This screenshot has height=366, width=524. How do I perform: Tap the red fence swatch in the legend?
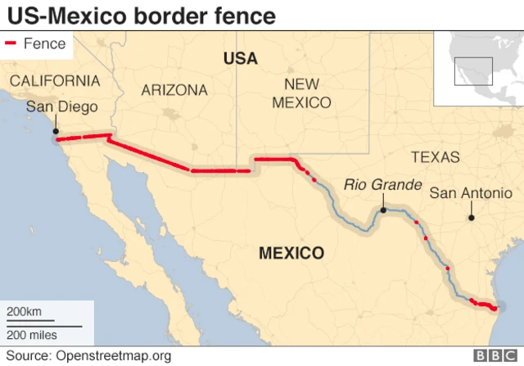coord(12,44)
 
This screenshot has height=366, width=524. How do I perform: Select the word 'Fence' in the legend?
coord(44,44)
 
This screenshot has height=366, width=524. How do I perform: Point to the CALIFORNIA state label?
coord(55,81)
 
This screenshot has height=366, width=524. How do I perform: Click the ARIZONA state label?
coord(174,90)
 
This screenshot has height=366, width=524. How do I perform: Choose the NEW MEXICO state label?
coord(301,93)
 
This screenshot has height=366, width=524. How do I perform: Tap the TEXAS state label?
coord(435,157)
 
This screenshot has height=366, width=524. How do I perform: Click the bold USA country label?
coord(240,58)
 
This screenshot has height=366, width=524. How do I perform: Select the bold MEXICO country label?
coord(291,253)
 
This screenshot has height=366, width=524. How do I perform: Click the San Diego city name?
coord(61,107)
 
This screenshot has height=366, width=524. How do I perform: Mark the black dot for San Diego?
coord(56,131)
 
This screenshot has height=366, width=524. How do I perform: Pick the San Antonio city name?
coord(471,193)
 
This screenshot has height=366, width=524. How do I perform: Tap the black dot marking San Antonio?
coord(471,218)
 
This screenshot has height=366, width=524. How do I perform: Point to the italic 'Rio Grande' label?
coord(382,184)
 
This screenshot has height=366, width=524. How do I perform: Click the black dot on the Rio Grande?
coord(382,210)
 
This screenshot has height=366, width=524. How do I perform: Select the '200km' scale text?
coord(25,313)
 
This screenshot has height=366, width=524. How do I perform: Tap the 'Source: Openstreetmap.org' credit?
coord(89,356)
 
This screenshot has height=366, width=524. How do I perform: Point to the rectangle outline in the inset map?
coord(473,71)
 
